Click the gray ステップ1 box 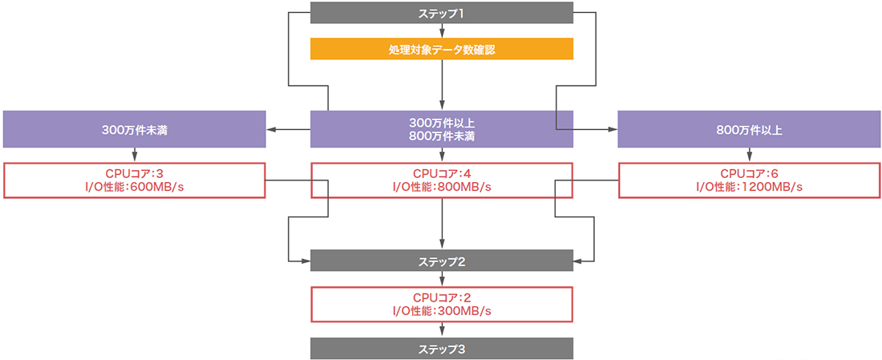coord(442,14)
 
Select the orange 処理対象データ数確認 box coord(442,49)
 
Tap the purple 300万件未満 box coord(135,129)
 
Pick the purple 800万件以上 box coord(750,129)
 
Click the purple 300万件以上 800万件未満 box coord(442,129)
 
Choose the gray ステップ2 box coord(442,261)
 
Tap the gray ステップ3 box coord(442,349)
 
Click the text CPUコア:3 coord(135,173)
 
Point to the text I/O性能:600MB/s coord(135,187)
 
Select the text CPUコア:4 coord(442,173)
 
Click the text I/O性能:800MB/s coord(442,187)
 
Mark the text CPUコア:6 coord(750,173)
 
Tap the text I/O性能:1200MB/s coord(750,187)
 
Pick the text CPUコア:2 coord(442,297)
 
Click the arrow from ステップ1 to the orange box coord(443,31)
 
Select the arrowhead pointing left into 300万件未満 coord(271,129)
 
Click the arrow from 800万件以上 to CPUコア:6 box coord(750,156)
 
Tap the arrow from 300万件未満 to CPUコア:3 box coord(135,156)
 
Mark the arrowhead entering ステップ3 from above coord(443,333)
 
